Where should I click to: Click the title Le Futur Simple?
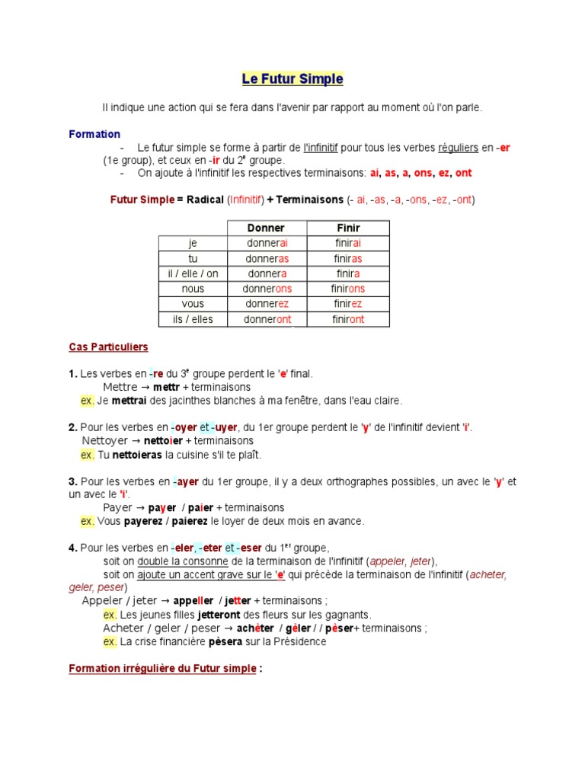point(292,79)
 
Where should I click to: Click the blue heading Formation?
point(94,134)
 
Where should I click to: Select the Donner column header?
point(267,228)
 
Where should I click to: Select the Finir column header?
point(347,228)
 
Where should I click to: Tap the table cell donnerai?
point(267,243)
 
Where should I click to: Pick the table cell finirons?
point(347,289)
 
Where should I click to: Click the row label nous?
point(193,289)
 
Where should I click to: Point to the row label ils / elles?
point(193,319)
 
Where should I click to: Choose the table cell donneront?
point(267,319)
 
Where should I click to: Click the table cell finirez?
point(347,304)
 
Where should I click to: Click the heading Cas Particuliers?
point(108,347)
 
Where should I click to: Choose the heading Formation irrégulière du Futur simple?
point(162,669)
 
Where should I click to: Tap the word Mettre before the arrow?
point(120,387)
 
